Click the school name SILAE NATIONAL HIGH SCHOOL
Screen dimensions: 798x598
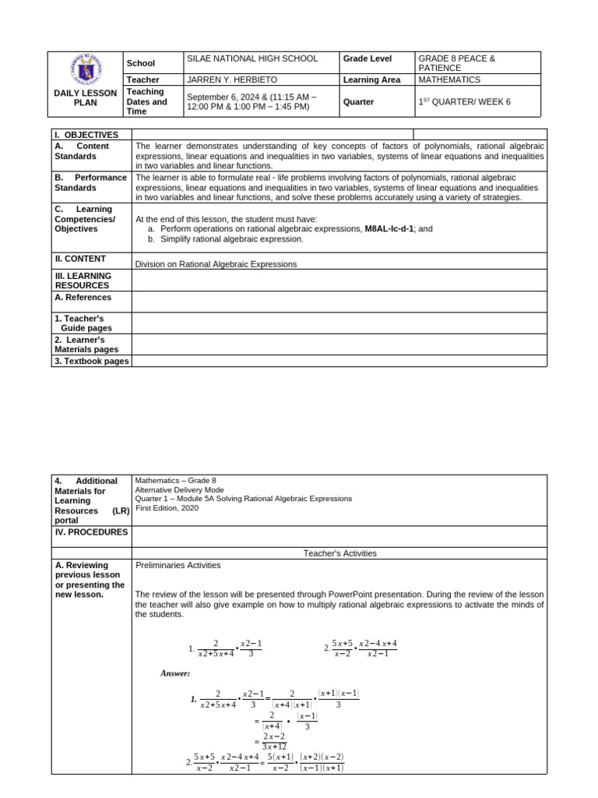pyautogui.click(x=252, y=58)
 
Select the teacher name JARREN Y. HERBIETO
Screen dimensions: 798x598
pyautogui.click(x=232, y=79)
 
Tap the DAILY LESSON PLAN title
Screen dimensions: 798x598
pyautogui.click(x=86, y=97)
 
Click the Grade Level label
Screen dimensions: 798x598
pyautogui.click(x=368, y=58)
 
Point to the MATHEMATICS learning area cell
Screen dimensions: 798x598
pyautogui.click(x=449, y=79)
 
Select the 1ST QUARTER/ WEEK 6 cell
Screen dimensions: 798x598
pyautogui.click(x=464, y=102)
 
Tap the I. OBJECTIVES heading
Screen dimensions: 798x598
pyautogui.click(x=86, y=135)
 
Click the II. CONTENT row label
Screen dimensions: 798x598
pyautogui.click(x=80, y=259)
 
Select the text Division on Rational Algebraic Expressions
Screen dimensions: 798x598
pyautogui.click(x=216, y=264)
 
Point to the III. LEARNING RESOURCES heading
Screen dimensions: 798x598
pyautogui.click(x=83, y=281)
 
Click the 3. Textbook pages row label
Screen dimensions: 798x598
pyautogui.click(x=91, y=361)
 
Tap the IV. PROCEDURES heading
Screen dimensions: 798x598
pyautogui.click(x=90, y=532)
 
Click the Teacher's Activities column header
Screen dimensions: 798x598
pyautogui.click(x=339, y=553)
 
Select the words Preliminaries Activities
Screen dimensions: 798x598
pyautogui.click(x=178, y=565)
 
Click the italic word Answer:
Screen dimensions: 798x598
pyautogui.click(x=175, y=673)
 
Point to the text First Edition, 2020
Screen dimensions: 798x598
pyautogui.click(x=167, y=508)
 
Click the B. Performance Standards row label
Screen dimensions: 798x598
pyautogui.click(x=90, y=182)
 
